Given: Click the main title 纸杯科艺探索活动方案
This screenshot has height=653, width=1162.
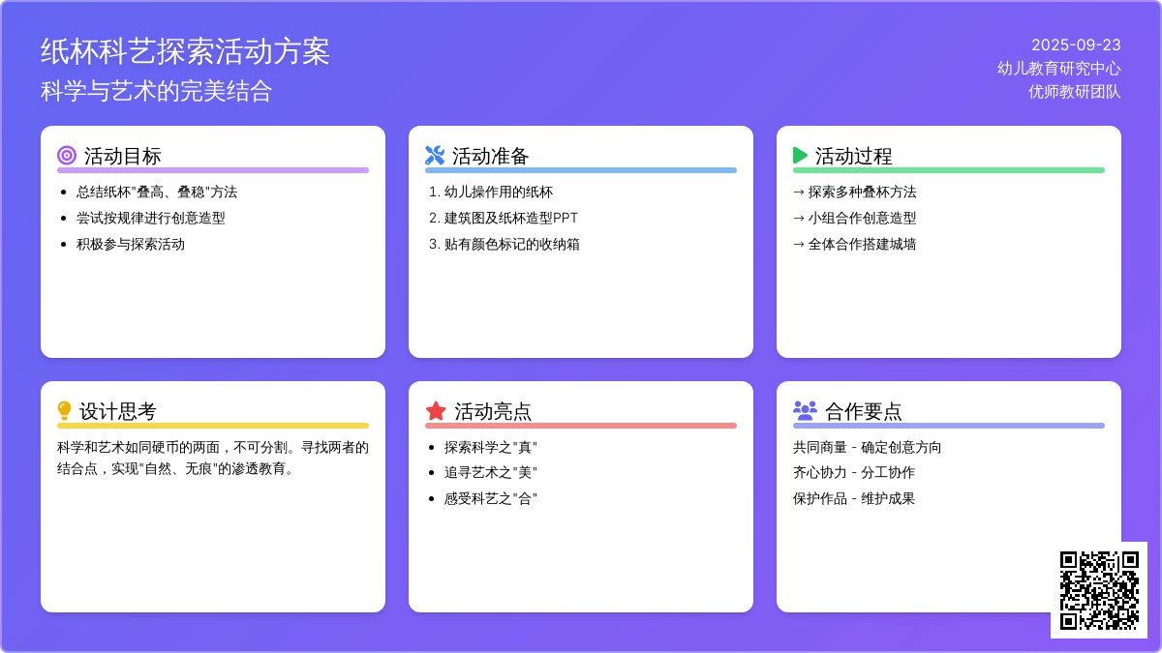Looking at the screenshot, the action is [185, 51].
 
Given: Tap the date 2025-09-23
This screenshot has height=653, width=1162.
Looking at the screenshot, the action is [1076, 45].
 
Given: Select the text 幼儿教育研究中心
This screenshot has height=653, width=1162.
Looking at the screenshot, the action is [1058, 69].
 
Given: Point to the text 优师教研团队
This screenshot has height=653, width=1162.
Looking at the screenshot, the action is [1074, 92].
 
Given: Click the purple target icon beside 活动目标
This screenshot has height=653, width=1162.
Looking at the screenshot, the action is [67, 155].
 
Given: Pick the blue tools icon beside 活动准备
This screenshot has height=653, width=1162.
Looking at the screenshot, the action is [435, 155].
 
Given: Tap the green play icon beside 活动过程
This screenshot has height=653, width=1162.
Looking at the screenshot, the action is [801, 155].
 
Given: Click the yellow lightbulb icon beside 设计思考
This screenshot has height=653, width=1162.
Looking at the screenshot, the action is [64, 410].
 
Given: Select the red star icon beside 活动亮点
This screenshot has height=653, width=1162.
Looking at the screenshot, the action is [436, 411].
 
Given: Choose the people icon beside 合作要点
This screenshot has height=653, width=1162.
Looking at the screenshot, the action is [805, 410].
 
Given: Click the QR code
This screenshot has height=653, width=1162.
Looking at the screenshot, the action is [1099, 590].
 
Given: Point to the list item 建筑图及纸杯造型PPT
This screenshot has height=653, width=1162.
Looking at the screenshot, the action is [511, 219].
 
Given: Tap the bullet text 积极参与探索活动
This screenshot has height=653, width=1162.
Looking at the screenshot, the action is [130, 244].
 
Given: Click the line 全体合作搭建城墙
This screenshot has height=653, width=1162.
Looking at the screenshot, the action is [862, 244].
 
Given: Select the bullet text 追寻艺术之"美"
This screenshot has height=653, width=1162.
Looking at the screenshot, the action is [490, 473].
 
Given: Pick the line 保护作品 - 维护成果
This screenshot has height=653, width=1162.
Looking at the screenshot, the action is [854, 498].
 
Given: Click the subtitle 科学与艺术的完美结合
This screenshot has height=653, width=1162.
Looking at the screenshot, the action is [156, 91].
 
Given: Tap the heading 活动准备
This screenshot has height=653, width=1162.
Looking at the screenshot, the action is [490, 156].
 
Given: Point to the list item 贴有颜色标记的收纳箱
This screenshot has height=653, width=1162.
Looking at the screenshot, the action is [511, 244].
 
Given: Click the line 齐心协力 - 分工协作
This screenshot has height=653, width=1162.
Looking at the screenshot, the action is [854, 473].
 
